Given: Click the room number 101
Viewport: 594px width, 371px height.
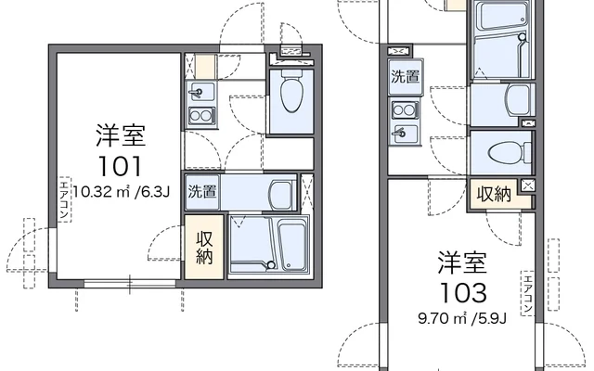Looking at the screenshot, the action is tap(120, 166).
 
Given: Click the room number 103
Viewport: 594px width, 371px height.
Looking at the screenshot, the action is tap(463, 293).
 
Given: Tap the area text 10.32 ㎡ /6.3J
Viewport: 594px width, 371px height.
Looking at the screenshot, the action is tap(121, 192).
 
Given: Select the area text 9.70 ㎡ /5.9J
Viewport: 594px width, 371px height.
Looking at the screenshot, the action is tap(462, 319).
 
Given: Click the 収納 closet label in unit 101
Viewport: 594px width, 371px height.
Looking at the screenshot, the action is tap(204, 248).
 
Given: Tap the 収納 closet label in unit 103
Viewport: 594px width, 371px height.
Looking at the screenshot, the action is tap(494, 194).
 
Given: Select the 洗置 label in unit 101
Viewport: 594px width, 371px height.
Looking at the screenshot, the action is tap(202, 192).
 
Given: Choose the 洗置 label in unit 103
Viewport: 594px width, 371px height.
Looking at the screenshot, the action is tap(405, 76).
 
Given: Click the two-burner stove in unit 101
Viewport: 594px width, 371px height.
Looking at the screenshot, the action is tap(202, 115).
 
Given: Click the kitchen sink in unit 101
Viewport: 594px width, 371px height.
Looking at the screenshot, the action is tap(200, 92).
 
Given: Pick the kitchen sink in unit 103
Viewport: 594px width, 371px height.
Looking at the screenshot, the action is tap(405, 134).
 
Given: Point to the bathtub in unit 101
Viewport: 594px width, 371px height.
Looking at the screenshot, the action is tap(292, 246).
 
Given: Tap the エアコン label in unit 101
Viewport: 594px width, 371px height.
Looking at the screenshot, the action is tap(65, 199).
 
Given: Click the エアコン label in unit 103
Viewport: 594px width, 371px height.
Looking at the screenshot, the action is tap(527, 293).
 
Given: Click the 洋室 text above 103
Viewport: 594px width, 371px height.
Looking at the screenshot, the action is tap(462, 262).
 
